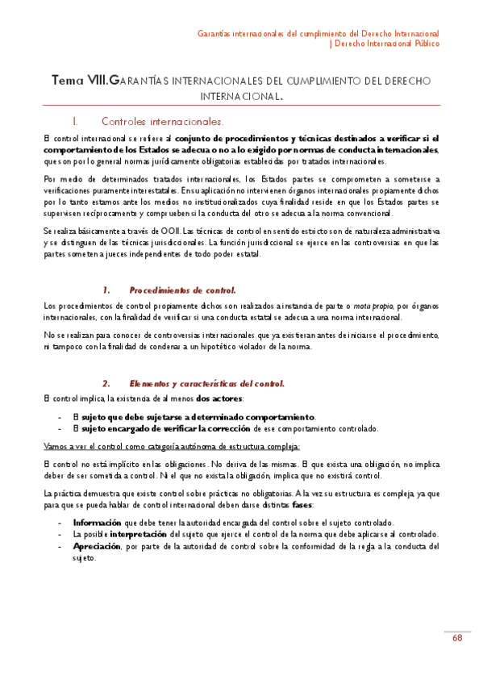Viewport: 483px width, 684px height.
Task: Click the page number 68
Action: click(457, 639)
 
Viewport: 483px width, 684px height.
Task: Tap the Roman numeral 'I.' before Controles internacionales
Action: click(75, 122)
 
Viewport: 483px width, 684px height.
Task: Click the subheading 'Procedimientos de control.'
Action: click(182, 290)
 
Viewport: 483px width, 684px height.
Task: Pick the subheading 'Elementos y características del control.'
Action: click(206, 383)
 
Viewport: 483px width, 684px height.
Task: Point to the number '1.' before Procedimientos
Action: click(106, 290)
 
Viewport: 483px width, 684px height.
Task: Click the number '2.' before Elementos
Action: click(106, 383)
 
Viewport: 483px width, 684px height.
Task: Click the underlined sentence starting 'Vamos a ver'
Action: click(172, 445)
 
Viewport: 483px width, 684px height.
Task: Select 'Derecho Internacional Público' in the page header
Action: click(388, 44)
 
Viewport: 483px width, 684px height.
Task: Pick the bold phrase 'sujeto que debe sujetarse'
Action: click(129, 416)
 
